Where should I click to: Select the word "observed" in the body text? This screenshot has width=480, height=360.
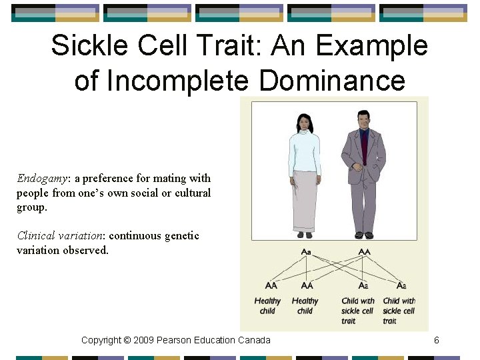click(85, 251)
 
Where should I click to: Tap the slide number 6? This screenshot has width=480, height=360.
click(436, 340)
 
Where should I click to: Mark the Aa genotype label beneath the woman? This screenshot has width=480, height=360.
click(306, 251)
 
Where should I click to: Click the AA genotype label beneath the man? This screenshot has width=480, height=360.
click(364, 251)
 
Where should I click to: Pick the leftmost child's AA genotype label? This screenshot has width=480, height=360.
click(271, 285)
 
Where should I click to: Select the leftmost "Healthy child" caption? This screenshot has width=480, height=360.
click(267, 306)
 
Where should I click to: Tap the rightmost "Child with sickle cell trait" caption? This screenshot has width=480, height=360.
click(399, 311)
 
